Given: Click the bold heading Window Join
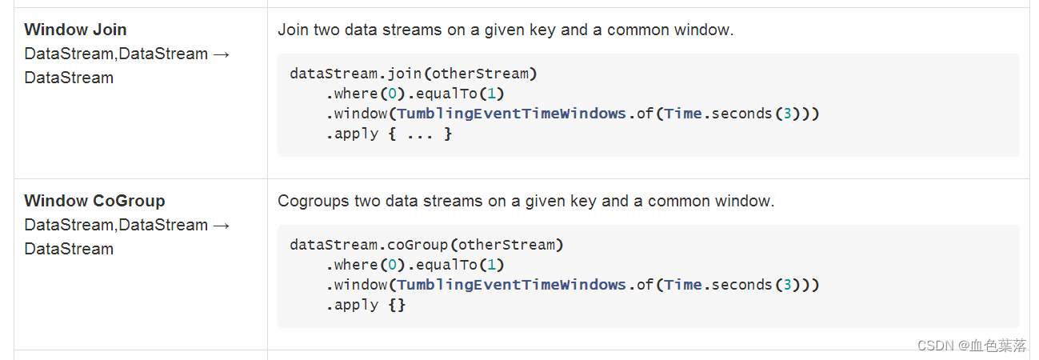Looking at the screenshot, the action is pos(75,30).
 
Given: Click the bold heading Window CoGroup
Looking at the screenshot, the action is pos(94,201).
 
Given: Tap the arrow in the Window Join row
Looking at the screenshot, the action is pos(222,54).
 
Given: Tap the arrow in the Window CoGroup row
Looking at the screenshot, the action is pos(222,226).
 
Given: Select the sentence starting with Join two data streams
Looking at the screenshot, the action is pos(505,30).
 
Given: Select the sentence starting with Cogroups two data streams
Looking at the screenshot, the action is pos(525,202).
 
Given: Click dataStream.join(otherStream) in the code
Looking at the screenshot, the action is pos(414,74).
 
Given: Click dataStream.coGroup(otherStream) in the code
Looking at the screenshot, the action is pos(426,245).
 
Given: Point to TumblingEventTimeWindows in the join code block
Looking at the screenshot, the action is pos(511,114).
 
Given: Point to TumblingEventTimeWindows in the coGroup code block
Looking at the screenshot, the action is pos(511,285).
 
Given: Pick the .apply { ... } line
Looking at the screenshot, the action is pos(389,134).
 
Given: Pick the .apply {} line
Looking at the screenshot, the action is pos(366,305).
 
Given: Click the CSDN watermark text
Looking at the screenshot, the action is pos(971,346).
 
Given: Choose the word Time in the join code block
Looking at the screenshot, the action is pos(682,114).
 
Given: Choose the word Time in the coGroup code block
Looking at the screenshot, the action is pos(682,285).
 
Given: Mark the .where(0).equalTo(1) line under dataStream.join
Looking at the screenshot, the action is pos(415,94).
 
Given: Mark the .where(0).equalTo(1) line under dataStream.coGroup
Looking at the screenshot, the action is pos(415,265).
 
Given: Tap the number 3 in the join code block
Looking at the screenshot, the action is pos(787,114).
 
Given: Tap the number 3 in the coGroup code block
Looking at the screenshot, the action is pos(787,285).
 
